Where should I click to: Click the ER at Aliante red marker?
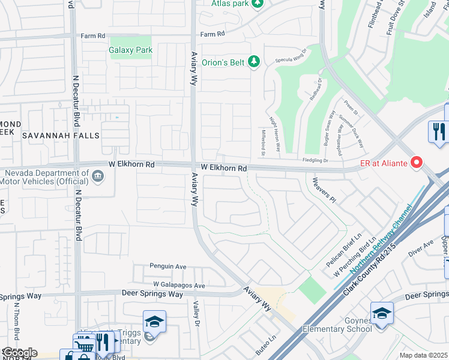point(415,163)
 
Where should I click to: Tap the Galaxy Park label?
point(130,50)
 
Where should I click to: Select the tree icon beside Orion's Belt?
point(255,61)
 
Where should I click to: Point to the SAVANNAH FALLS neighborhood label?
point(61,136)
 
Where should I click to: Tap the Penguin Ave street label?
point(168,266)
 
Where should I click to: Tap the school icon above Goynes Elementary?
point(382,313)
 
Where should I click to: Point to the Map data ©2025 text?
point(423,355)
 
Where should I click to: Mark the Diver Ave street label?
point(421,248)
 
